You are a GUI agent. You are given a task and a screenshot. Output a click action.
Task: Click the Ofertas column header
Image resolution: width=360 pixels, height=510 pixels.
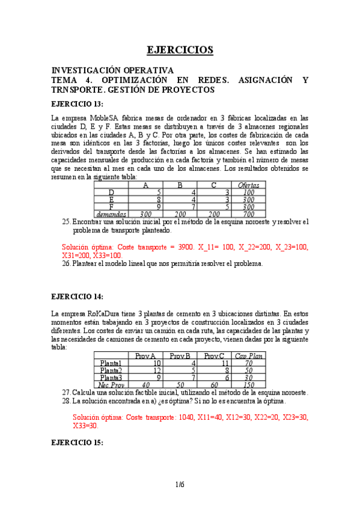point(248,185)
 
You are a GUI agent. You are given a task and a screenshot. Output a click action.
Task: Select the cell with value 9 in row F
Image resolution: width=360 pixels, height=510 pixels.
point(158,207)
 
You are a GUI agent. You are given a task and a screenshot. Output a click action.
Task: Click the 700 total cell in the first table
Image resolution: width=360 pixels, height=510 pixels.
point(248,214)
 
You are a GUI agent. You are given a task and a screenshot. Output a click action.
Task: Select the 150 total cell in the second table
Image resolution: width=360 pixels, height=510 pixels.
point(249,385)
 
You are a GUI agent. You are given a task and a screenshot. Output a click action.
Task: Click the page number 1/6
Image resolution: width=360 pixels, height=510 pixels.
point(180,485)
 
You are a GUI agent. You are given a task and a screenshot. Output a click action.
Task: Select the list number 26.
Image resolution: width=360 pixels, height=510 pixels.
point(66,263)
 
